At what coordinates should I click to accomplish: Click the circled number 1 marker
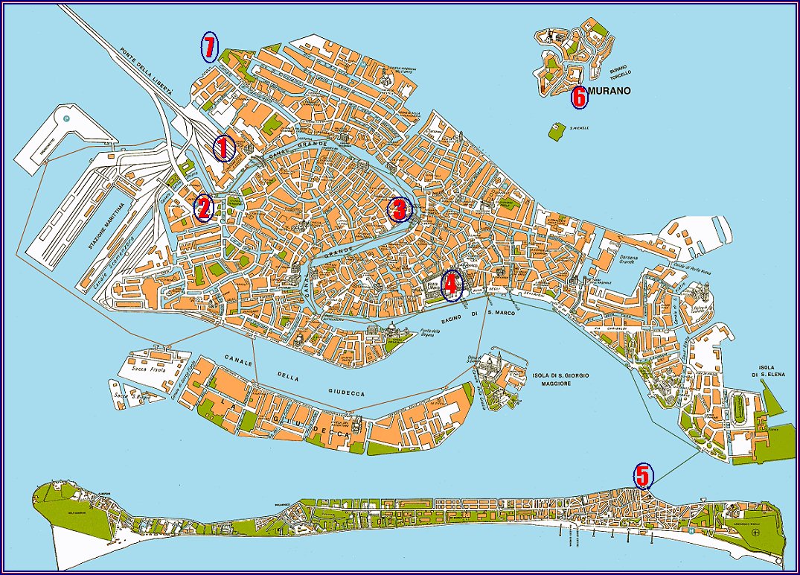click(x=223, y=148)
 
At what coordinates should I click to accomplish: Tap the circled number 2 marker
click(x=203, y=209)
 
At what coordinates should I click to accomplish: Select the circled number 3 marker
click(x=399, y=210)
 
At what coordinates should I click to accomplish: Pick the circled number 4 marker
click(x=452, y=285)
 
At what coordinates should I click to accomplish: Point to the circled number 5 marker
click(x=643, y=474)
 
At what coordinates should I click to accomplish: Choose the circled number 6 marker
click(x=578, y=97)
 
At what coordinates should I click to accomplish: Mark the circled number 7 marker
click(x=209, y=48)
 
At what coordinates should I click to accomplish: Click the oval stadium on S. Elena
click(x=739, y=410)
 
